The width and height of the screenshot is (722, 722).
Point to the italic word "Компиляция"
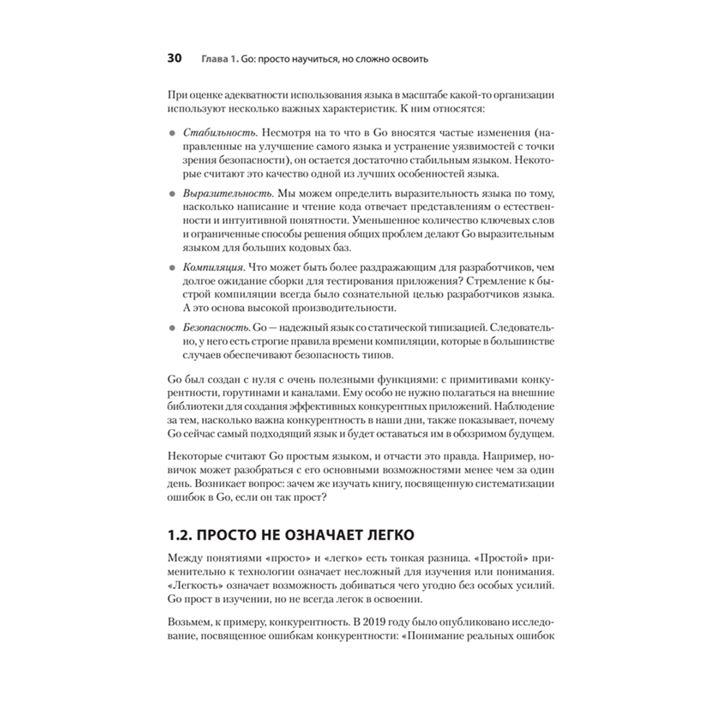tap(215, 265)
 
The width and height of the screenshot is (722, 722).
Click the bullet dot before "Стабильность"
tap(171, 135)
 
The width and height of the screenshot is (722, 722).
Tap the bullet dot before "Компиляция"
tap(171, 266)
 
